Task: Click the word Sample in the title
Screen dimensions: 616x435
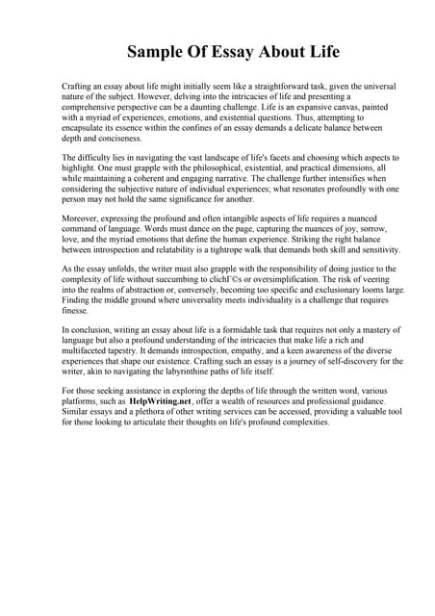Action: (x=160, y=50)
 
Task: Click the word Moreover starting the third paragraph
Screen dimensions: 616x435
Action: (x=82, y=220)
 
